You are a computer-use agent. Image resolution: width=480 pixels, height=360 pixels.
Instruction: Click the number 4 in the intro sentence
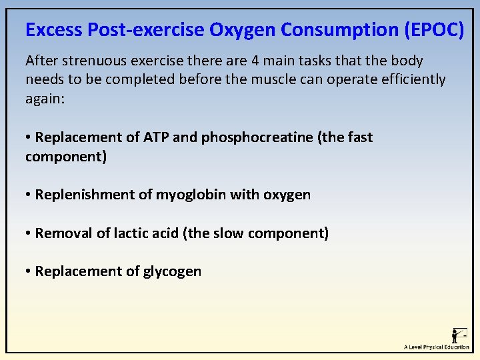point(255,61)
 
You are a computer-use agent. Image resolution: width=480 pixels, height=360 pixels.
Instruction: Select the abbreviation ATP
point(157,137)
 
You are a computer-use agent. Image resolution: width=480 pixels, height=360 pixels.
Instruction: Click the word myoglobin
point(191,195)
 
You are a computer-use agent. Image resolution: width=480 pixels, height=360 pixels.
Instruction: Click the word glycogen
point(172,271)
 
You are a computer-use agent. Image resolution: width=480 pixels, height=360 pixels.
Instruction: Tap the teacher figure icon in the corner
point(459,335)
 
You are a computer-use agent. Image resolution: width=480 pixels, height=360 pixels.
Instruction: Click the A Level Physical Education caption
point(437,347)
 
